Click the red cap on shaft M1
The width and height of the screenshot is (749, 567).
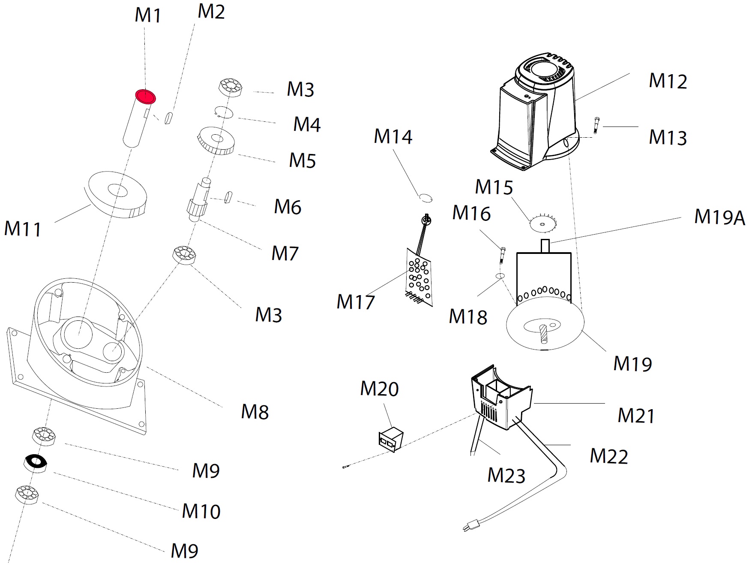click(x=145, y=97)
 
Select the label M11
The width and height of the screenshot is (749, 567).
click(x=23, y=228)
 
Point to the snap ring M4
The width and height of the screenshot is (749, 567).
click(x=223, y=112)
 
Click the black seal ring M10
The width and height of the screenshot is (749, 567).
click(x=36, y=463)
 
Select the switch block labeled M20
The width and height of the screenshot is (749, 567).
click(x=391, y=439)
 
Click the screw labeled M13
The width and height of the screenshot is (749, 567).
click(x=596, y=125)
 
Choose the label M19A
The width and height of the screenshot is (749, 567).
click(x=719, y=217)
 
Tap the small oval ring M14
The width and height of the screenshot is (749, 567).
click(x=425, y=198)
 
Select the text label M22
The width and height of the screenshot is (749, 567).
click(x=608, y=456)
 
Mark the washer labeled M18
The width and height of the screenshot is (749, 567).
click(x=500, y=275)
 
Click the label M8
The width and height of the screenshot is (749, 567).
click(x=255, y=412)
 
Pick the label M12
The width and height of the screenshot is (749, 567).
click(x=668, y=81)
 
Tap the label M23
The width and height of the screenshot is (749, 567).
click(x=506, y=475)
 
